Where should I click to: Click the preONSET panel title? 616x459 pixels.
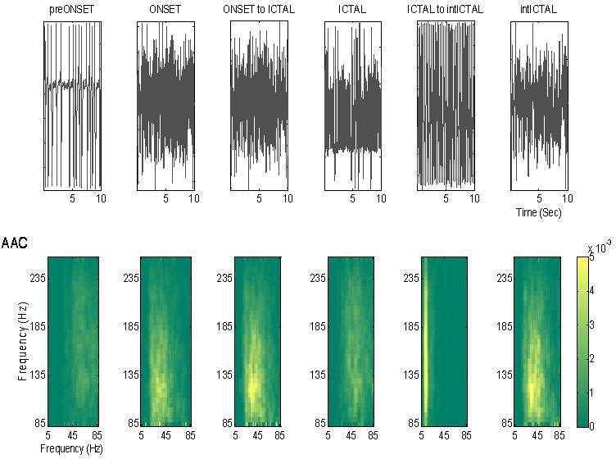pyautogui.click(x=72, y=10)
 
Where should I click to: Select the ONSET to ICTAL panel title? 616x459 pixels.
pyautogui.click(x=259, y=10)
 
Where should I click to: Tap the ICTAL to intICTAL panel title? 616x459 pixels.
pyautogui.click(x=446, y=10)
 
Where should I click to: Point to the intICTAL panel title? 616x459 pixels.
pyautogui.click(x=538, y=10)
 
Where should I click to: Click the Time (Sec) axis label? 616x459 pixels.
pyautogui.click(x=538, y=212)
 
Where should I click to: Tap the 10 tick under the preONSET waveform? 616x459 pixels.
pyautogui.click(x=101, y=198)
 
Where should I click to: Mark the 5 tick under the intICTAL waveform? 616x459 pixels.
pyautogui.click(x=539, y=198)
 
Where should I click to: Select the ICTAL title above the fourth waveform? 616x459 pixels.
pyautogui.click(x=352, y=10)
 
